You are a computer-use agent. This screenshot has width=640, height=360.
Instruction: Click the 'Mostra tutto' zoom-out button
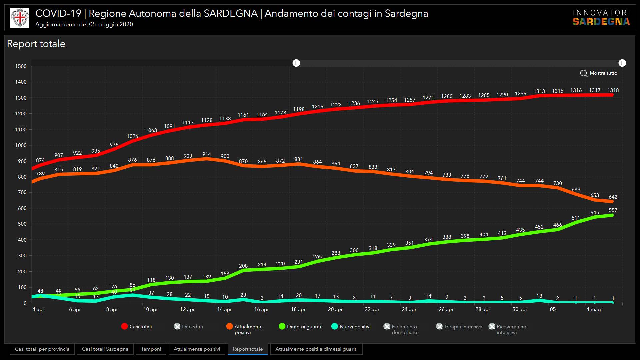tap(599, 73)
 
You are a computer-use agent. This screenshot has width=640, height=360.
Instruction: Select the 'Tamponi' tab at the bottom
tap(151, 349)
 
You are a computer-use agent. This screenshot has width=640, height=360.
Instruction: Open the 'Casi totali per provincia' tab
tap(42, 349)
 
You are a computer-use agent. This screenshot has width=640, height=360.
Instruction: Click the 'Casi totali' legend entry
tap(137, 327)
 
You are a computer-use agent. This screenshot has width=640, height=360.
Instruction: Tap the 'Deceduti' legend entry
tap(189, 327)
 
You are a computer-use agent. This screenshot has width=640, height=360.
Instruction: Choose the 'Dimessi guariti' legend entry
tap(300, 327)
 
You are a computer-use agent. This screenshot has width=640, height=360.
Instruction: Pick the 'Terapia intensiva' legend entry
tap(459, 327)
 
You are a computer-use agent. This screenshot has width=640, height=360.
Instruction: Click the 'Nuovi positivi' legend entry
tap(351, 327)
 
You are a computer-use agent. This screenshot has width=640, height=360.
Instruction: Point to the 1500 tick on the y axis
tap(21, 66)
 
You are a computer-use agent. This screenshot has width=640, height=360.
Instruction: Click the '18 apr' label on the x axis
tap(298, 309)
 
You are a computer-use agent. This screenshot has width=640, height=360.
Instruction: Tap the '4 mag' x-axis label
tap(593, 309)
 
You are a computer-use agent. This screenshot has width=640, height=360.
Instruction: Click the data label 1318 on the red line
tap(613, 90)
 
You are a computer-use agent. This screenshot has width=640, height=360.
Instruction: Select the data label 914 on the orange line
tap(207, 154)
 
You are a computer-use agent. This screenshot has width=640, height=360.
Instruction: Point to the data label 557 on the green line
tap(613, 210)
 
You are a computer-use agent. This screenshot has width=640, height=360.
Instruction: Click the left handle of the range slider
tap(296, 63)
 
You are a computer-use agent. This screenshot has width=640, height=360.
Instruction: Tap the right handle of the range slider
tap(622, 63)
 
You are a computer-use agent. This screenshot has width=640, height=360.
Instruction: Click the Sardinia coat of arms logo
tap(20, 18)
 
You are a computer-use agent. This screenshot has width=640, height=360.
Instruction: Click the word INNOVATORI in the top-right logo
tap(601, 13)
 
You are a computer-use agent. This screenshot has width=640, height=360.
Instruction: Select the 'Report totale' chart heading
tap(36, 44)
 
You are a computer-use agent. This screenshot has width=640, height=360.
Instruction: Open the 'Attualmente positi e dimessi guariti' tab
tap(316, 349)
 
